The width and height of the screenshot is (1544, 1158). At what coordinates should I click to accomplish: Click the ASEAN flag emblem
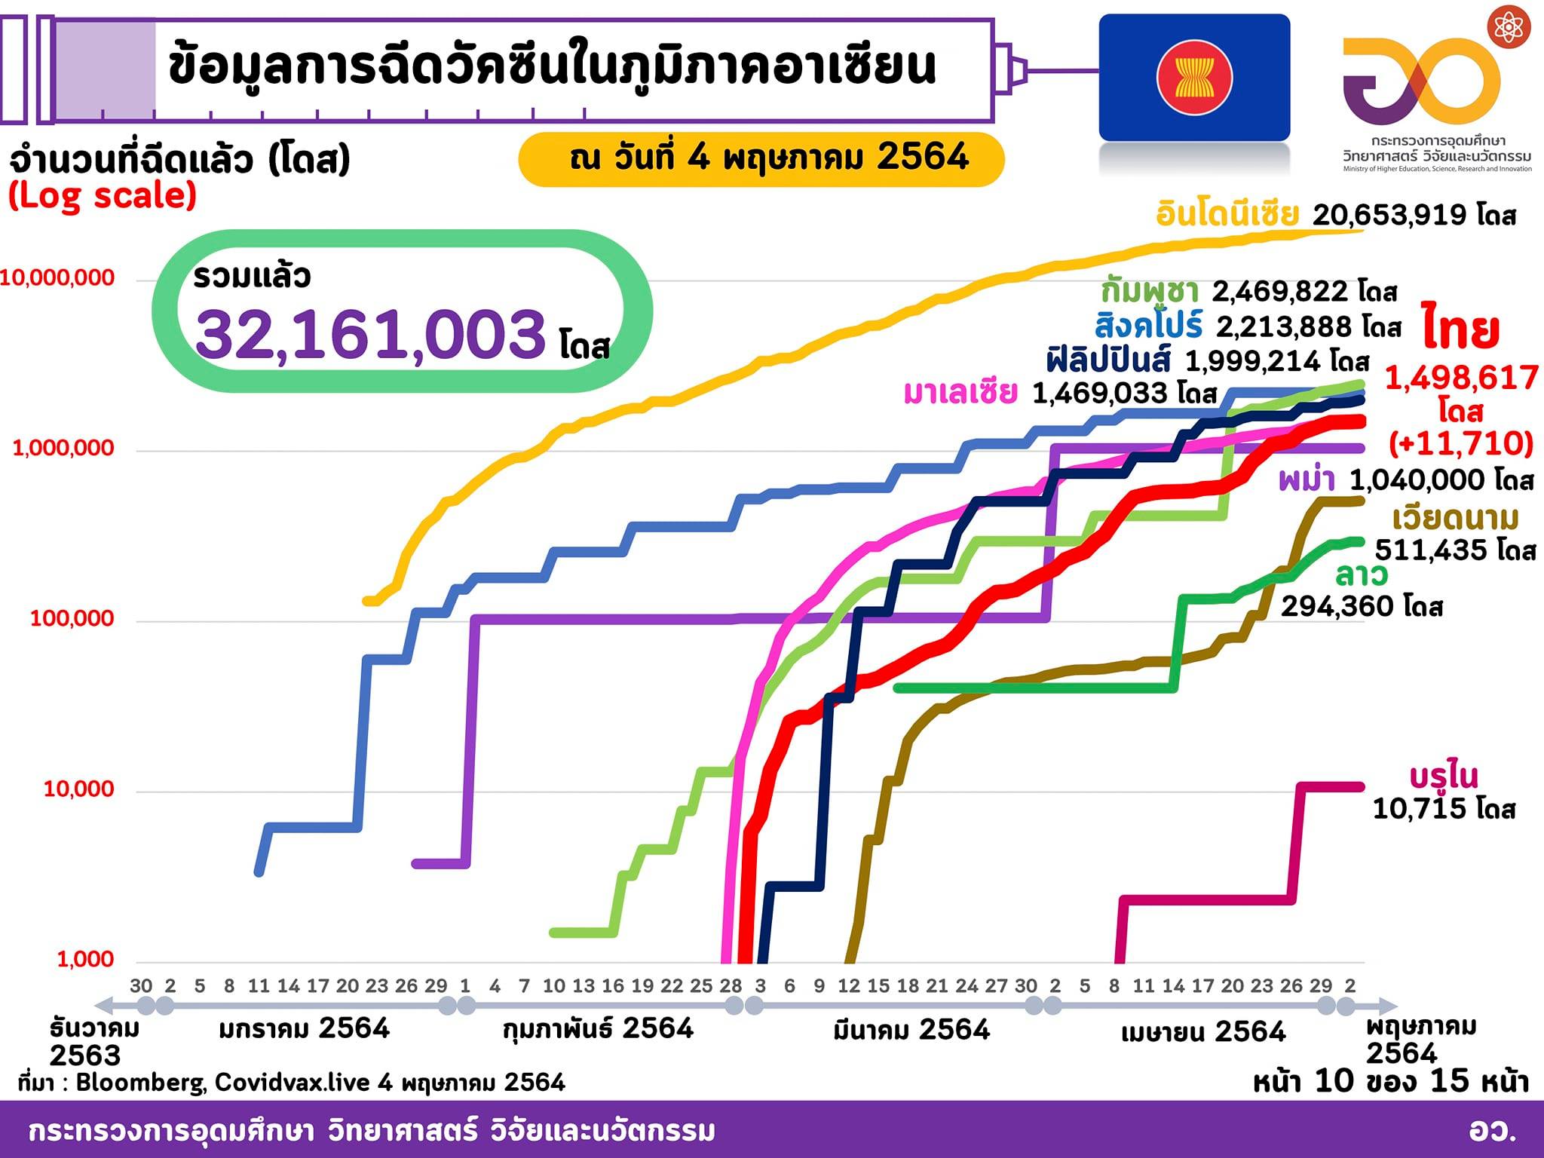[1194, 78]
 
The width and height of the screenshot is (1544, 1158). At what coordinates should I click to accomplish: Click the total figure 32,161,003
[370, 333]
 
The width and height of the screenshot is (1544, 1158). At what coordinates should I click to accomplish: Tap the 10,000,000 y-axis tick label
[58, 277]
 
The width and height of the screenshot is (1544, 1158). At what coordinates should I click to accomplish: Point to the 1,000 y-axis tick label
[85, 959]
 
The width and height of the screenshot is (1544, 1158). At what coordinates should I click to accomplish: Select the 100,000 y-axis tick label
[72, 618]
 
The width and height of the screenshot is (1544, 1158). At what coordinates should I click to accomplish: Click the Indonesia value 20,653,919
[1389, 215]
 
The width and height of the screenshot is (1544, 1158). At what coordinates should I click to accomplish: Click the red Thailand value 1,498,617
[1461, 378]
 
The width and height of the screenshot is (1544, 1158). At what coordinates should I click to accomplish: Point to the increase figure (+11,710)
[1461, 443]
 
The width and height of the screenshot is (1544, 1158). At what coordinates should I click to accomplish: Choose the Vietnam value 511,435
[1431, 550]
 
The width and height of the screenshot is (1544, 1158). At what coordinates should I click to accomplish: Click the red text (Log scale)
[103, 196]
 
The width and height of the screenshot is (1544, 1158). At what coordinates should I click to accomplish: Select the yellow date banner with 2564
[761, 158]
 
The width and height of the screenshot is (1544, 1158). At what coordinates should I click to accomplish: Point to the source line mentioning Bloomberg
[291, 1083]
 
